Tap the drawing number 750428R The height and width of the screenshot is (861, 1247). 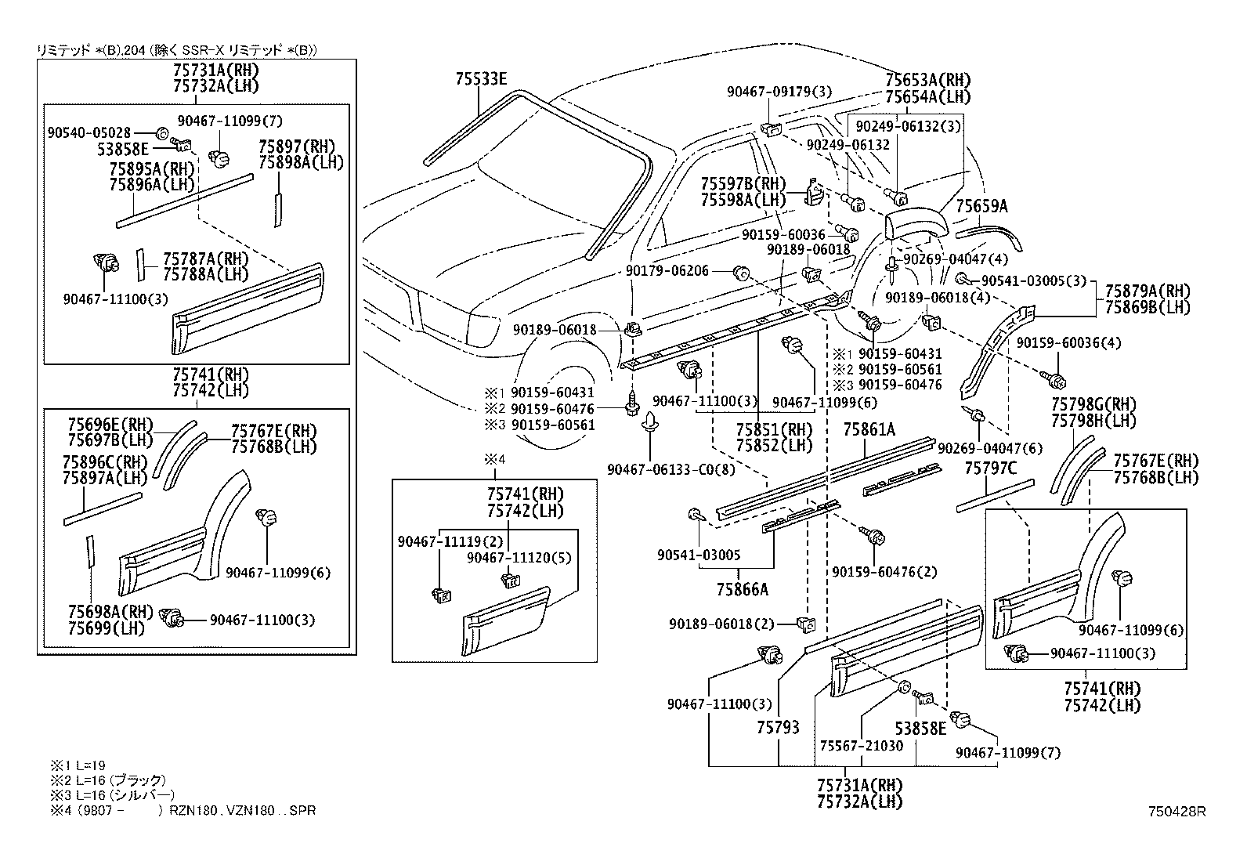1177,812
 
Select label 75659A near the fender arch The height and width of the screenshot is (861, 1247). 981,206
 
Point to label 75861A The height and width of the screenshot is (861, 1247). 869,429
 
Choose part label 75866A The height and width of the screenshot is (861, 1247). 742,589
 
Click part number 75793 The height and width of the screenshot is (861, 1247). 778,728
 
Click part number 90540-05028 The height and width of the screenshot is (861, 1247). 89,133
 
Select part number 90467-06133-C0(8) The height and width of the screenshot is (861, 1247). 671,469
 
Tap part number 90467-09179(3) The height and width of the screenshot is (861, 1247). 779,92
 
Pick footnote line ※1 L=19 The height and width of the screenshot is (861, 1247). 78,765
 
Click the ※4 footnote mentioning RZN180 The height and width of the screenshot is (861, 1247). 183,810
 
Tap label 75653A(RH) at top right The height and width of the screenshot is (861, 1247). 927,80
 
